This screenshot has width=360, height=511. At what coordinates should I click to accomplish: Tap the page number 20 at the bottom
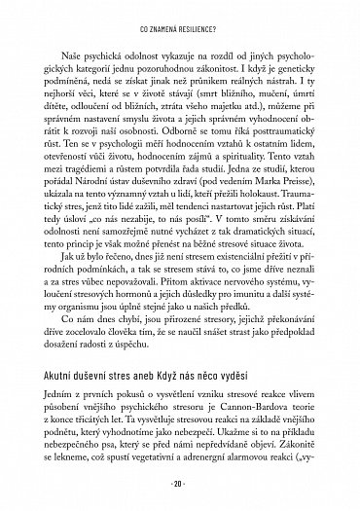pos(180,484)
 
